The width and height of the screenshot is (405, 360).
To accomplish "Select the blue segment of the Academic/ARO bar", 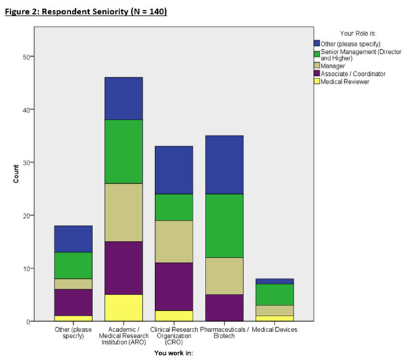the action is pos(124,98).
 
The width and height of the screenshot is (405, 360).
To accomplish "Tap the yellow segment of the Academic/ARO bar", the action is pos(124,308).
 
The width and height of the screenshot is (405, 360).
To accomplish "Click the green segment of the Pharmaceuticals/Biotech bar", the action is pos(225,225).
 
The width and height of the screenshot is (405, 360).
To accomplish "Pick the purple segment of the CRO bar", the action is pos(174,287).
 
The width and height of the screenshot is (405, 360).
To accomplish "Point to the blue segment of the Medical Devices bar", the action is pos(275,281).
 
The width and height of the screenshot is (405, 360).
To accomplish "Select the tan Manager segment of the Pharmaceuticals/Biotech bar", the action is pos(225,276).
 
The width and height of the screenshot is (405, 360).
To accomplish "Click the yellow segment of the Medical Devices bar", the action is pos(275,318).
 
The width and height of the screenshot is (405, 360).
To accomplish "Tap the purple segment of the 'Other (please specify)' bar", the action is pos(73,303).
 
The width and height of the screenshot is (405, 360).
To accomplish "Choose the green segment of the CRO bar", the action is pos(174,207).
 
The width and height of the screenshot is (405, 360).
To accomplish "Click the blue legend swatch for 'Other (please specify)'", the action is pos(317,43).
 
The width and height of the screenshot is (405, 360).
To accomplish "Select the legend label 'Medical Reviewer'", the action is pos(345,82).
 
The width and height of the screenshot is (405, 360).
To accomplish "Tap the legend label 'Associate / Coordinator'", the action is pos(353,74).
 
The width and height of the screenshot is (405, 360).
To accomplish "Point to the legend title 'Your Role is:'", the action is pos(358,33).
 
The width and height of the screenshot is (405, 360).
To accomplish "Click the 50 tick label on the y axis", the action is pos(27,57).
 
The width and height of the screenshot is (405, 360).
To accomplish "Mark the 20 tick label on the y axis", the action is pos(27,216).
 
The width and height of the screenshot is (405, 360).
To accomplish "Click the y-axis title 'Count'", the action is pos(16,174).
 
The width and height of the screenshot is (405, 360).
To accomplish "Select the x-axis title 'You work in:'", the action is pos(173,353).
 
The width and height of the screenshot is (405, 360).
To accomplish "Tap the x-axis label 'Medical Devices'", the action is pos(275,329).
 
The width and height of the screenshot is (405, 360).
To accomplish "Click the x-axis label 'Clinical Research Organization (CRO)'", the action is pos(174,336).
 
